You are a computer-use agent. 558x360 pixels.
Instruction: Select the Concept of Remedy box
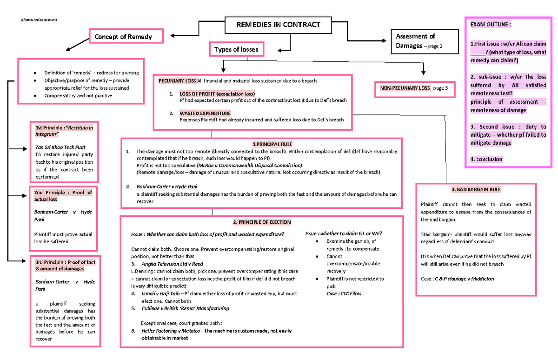click(x=126, y=36)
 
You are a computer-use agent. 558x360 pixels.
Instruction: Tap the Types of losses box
click(x=236, y=49)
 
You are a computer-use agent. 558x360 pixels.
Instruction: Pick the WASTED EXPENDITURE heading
click(x=205, y=113)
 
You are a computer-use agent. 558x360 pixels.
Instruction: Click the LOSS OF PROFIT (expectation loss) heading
click(x=217, y=93)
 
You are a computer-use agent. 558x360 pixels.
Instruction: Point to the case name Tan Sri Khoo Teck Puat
click(x=60, y=147)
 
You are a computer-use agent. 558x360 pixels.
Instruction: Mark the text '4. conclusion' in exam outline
click(x=486, y=159)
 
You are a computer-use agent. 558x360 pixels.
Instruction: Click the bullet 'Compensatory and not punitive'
click(x=78, y=95)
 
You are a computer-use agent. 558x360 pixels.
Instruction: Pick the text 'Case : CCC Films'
click(x=344, y=293)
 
